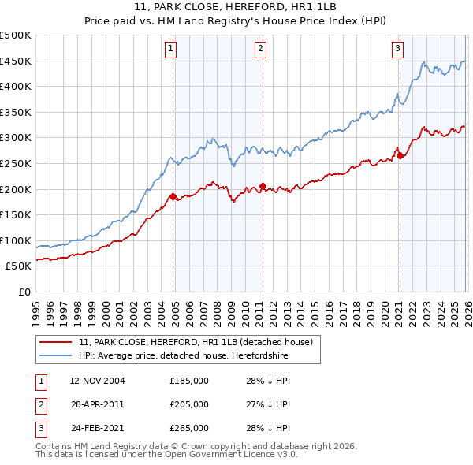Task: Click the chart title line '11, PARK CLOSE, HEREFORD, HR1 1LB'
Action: click(x=236, y=8)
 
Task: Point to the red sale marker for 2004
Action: click(x=173, y=196)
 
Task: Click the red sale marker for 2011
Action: click(x=263, y=186)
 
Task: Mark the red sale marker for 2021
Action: click(x=400, y=155)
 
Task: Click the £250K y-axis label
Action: click(x=16, y=163)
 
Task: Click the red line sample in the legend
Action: click(x=57, y=342)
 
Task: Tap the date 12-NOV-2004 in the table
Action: click(x=98, y=381)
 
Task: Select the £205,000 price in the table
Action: click(x=189, y=404)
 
